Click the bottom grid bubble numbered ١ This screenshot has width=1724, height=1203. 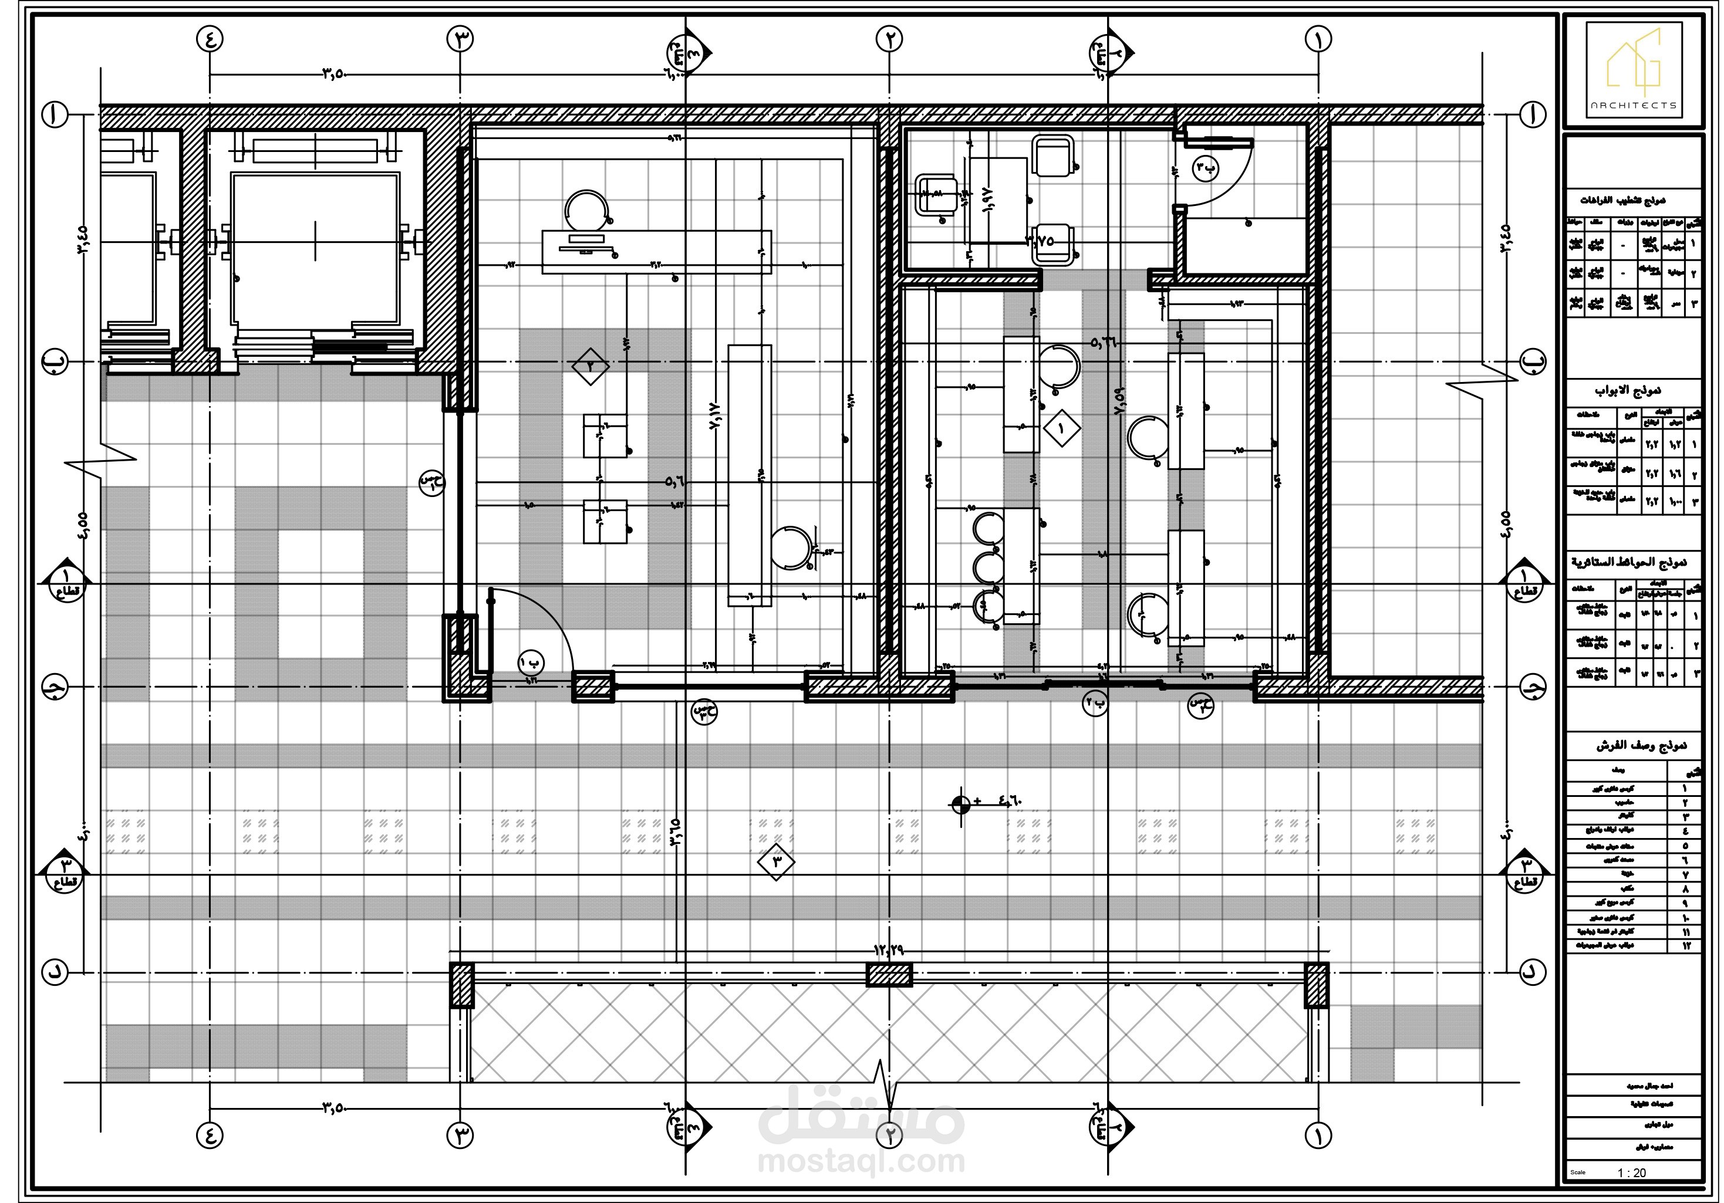point(1318,1136)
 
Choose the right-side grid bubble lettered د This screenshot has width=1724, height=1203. point(1533,972)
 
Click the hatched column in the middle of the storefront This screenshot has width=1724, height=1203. point(889,975)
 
